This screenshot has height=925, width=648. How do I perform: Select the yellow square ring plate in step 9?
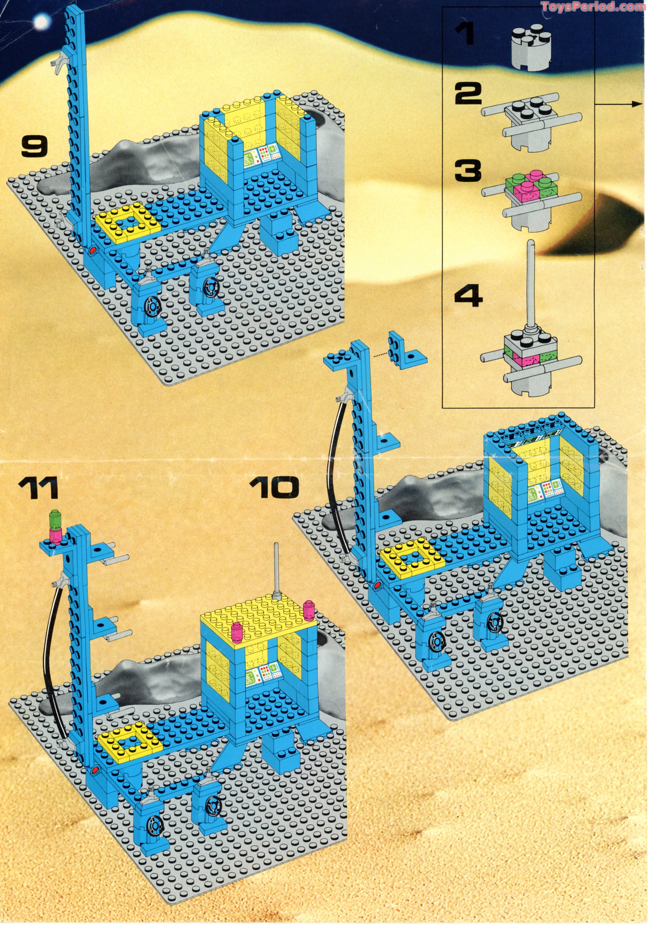[128, 224]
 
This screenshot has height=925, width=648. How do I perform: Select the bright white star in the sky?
[40, 23]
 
